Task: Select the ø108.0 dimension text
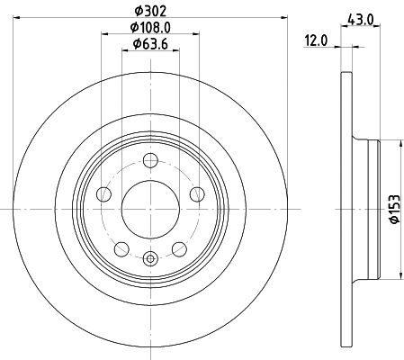click(x=152, y=29)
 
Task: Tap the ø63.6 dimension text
click(x=151, y=46)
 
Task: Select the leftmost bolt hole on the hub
click(x=104, y=193)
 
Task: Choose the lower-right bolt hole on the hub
click(x=180, y=248)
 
